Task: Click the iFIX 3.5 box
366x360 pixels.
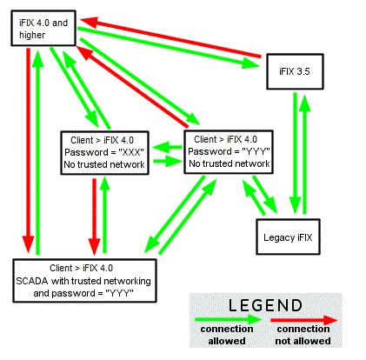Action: point(295,71)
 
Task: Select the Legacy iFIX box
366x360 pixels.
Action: point(288,237)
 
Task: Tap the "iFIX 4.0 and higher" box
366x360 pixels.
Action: point(43,28)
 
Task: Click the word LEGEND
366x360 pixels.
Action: point(265,305)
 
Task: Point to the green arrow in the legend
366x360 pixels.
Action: point(229,320)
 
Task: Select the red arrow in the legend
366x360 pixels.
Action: point(304,320)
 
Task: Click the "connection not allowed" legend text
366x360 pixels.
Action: point(303,335)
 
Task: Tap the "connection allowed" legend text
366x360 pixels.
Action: point(227,335)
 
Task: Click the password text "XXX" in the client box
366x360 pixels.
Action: point(131,152)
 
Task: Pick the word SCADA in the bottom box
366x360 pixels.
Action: point(32,281)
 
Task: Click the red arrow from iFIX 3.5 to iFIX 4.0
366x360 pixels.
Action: point(170,37)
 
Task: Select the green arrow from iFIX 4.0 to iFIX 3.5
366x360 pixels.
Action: point(169,48)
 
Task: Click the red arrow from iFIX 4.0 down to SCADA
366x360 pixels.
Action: point(29,150)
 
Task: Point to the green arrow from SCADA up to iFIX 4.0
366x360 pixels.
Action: point(37,152)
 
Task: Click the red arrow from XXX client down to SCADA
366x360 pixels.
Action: point(94,217)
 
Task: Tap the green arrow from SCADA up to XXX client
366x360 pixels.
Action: point(104,215)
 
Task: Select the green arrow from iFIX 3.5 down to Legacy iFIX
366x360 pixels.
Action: point(296,154)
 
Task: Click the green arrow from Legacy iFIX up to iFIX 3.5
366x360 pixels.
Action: point(304,154)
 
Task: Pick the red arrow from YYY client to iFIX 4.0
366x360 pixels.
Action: point(132,86)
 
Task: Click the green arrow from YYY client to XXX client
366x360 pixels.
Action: point(167,147)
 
